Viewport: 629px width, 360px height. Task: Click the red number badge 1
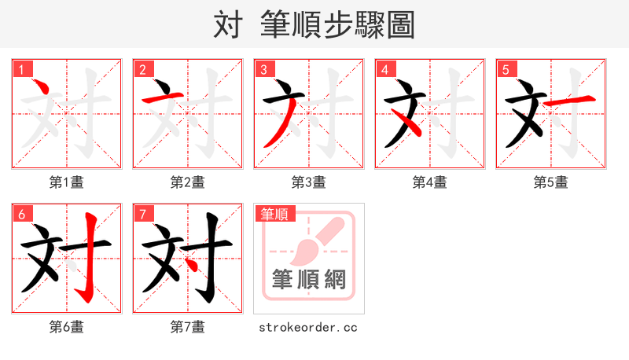pos(21,70)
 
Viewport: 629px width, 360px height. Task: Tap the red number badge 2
pos(142,70)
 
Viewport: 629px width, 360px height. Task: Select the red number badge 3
pos(263,70)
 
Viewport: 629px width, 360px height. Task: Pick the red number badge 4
pos(384,70)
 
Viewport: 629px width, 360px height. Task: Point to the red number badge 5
pos(506,70)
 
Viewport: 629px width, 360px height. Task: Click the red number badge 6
pos(21,214)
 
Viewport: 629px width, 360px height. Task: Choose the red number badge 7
pos(142,214)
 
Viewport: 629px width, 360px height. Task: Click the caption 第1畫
pos(67,182)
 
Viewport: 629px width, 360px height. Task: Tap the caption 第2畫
pos(188,182)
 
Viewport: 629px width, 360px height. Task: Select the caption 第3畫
pos(309,182)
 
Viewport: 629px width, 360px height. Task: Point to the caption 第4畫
pos(430,182)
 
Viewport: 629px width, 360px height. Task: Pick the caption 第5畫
pos(551,182)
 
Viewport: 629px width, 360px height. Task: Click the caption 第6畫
pos(67,326)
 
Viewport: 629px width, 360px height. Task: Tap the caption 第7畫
pos(188,326)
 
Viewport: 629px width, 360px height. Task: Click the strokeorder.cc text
pos(308,327)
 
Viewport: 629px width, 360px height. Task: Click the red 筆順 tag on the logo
pos(274,214)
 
